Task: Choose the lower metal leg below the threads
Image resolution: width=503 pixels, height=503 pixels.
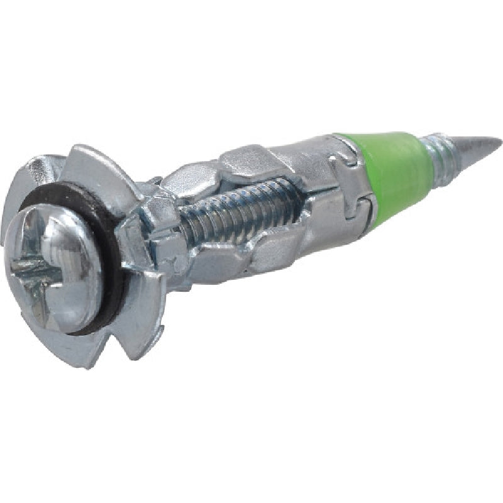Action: (264, 251)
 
